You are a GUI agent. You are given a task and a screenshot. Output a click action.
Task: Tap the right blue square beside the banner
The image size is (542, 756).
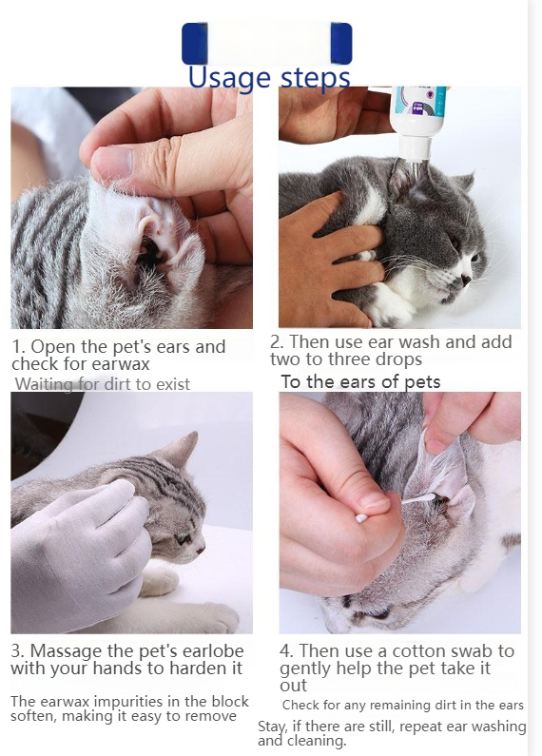pyautogui.click(x=340, y=44)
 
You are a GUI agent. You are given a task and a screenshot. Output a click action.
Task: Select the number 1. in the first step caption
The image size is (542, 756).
pyautogui.click(x=19, y=347)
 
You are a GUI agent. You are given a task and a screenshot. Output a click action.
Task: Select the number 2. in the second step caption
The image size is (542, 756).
pyautogui.click(x=277, y=342)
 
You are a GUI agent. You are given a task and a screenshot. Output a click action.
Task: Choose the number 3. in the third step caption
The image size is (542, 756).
pyautogui.click(x=18, y=651)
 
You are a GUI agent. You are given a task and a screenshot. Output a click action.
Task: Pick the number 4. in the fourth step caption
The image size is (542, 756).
pyautogui.click(x=287, y=651)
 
